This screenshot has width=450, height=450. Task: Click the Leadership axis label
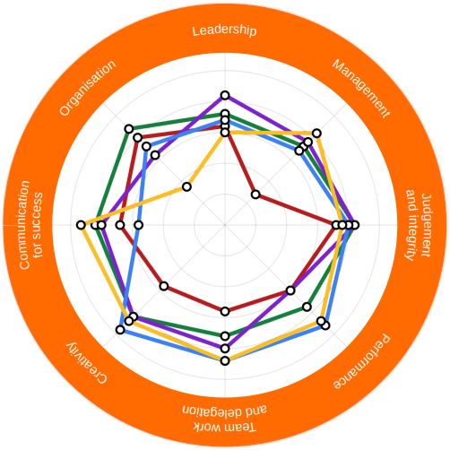coord(224,30)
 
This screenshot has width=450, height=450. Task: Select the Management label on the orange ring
coord(361,89)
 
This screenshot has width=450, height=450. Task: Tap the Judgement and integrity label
coord(419,225)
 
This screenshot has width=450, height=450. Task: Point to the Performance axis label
coord(362,361)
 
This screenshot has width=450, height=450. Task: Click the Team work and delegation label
coord(224,419)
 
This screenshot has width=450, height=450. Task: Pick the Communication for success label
coord(31,225)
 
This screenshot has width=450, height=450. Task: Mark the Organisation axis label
coord(88,88)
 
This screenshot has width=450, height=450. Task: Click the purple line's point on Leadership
coord(225,96)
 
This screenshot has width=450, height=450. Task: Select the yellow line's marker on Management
coord(317,133)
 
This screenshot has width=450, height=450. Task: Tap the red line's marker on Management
coord(255,195)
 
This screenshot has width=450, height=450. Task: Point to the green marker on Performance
coord(307,307)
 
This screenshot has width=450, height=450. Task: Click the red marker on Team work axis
coord(225,311)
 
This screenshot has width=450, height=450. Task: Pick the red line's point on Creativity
coord(164,286)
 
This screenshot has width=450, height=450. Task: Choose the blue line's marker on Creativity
coord(120,330)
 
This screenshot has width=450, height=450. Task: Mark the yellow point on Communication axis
coord(81,225)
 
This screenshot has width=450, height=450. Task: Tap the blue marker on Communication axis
coord(139,225)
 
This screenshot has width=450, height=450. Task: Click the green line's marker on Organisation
coord(129,129)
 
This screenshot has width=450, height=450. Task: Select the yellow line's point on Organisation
coord(186,187)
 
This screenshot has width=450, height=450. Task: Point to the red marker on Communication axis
coord(120,225)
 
